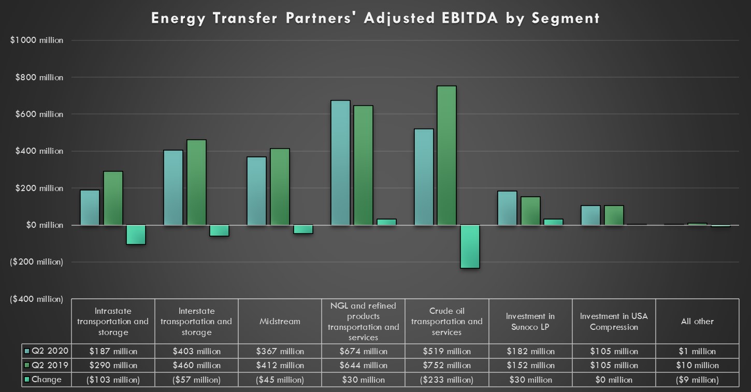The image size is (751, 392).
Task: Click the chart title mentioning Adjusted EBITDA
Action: pyautogui.click(x=375, y=18)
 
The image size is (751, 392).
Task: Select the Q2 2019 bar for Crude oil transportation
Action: pyautogui.click(x=446, y=155)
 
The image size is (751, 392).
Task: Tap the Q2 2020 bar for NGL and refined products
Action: pyautogui.click(x=340, y=163)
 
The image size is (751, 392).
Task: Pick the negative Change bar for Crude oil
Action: pyautogui.click(x=470, y=246)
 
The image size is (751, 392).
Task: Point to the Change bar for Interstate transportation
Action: pyautogui.click(x=220, y=230)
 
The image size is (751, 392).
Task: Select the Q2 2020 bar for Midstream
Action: pyautogui.click(x=256, y=191)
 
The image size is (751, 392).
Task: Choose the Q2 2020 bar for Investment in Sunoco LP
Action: pyautogui.click(x=507, y=208)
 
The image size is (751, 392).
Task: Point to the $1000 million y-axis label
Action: pyautogui.click(x=37, y=40)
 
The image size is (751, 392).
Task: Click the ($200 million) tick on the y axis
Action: pyautogui.click(x=36, y=262)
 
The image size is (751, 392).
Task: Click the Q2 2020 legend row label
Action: pyautogui.click(x=50, y=351)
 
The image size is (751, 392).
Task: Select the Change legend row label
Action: pyautogui.click(x=47, y=380)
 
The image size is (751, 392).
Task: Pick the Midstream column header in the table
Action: pyautogui.click(x=280, y=322)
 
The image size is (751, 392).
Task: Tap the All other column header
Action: pyautogui.click(x=697, y=322)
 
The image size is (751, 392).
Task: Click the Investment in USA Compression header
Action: pyautogui.click(x=614, y=322)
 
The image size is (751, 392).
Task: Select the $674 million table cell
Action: pyautogui.click(x=363, y=352)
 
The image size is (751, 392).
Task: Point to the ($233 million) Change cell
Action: pyautogui.click(x=446, y=380)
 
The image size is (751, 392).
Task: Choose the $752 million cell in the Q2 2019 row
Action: pyautogui.click(x=446, y=366)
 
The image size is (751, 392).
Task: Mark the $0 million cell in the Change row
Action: pyautogui.click(x=614, y=380)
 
